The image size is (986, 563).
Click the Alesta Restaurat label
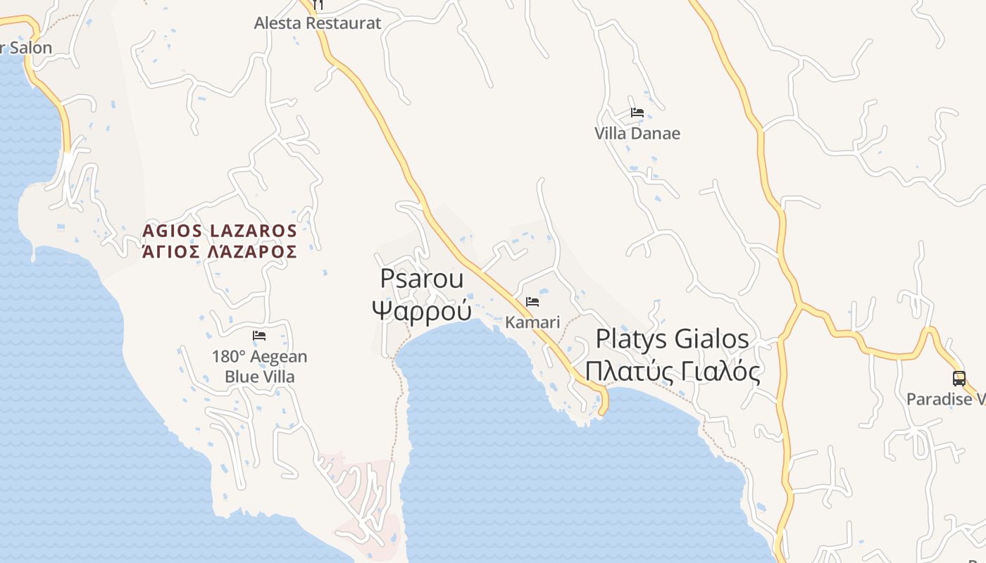[318, 23]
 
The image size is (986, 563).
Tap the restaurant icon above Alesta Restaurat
[318, 4]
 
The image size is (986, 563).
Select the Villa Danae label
[637, 134]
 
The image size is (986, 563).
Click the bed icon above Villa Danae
[637, 113]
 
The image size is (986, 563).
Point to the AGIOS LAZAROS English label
[220, 231]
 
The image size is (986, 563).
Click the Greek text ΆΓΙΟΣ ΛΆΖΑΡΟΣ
[220, 252]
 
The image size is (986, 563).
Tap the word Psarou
[422, 279]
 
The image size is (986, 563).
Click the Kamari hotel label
[532, 323]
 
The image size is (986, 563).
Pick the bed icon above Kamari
[532, 303]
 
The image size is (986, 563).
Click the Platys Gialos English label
[672, 339]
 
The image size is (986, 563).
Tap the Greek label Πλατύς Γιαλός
[672, 371]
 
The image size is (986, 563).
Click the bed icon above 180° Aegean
[259, 336]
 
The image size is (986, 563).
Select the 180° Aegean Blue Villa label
[259, 367]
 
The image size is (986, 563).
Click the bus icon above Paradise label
[959, 379]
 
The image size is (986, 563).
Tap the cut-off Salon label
[28, 48]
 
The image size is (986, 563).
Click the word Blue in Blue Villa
[240, 377]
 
